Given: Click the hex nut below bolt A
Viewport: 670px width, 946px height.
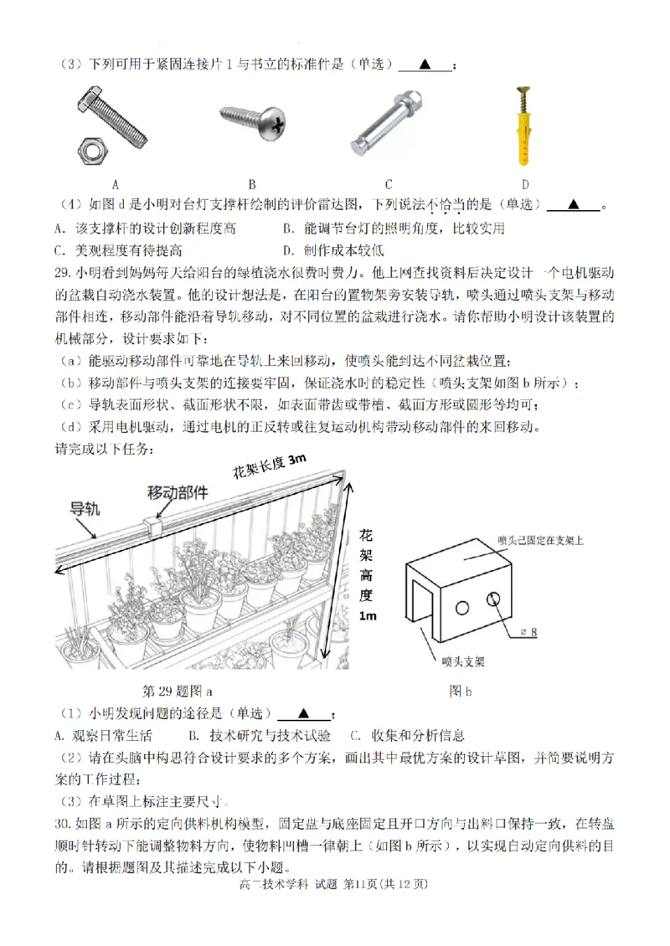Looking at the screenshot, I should point(90,151).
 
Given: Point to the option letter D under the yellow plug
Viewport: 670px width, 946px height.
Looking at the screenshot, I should point(525,185).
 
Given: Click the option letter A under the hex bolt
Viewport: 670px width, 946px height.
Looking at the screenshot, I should point(115,185).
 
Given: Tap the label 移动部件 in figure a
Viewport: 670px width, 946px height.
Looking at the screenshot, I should point(178,492).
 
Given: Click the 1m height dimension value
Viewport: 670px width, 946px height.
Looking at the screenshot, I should point(368,615).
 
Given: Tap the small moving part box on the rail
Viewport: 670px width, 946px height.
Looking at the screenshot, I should point(154,525).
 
